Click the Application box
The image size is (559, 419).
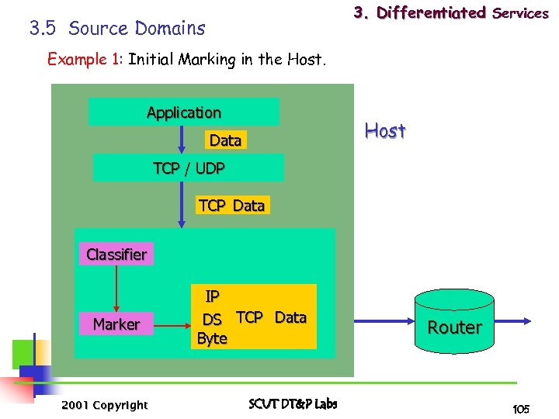[183, 113]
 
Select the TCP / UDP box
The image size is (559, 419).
[189, 168]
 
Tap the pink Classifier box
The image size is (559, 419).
[116, 255]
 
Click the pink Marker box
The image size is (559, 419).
[116, 324]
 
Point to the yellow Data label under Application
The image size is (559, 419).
[225, 140]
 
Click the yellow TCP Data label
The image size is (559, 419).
[231, 206]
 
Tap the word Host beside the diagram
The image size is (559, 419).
[385, 131]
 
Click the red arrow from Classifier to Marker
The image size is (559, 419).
[116, 287]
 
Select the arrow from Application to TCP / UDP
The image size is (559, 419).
[180, 140]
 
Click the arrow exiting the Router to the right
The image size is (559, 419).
[512, 320]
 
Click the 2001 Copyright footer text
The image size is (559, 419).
[105, 405]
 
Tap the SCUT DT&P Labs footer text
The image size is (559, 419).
[293, 404]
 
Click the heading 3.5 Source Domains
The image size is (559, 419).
[117, 29]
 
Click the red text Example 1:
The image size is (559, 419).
[85, 60]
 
